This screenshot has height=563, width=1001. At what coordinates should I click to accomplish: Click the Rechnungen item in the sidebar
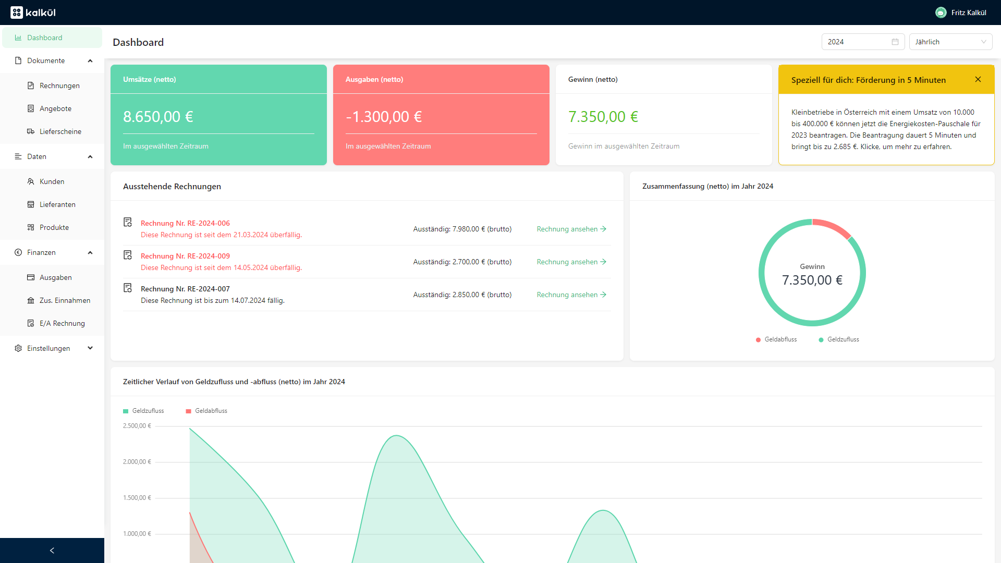[59, 85]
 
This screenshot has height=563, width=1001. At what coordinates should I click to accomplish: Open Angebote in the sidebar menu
[55, 108]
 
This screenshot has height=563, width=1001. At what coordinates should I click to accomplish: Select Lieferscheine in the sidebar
[60, 131]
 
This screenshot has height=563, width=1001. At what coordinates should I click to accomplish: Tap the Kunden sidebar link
[52, 181]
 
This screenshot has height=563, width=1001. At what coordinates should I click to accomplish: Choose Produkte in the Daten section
[54, 227]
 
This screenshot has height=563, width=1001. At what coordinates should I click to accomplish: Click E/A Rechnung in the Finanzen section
[62, 323]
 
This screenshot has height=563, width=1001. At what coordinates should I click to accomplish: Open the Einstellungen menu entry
[48, 348]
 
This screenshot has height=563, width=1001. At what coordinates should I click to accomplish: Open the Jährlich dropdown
[950, 42]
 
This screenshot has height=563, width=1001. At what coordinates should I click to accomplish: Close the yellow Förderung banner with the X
[978, 79]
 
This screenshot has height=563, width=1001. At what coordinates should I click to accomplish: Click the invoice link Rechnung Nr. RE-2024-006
[185, 223]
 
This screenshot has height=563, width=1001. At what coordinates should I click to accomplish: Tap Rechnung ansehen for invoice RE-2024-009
[571, 262]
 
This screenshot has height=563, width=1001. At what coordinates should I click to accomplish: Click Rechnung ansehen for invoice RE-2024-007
[571, 295]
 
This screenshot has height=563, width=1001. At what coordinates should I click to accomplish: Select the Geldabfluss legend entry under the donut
[780, 339]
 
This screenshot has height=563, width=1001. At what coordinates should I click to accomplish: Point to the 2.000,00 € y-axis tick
[137, 462]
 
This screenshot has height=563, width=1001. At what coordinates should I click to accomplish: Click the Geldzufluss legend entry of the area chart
[148, 411]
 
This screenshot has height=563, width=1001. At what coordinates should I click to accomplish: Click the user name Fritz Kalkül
[968, 13]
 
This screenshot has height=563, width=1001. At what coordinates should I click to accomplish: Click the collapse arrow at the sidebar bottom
[52, 550]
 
